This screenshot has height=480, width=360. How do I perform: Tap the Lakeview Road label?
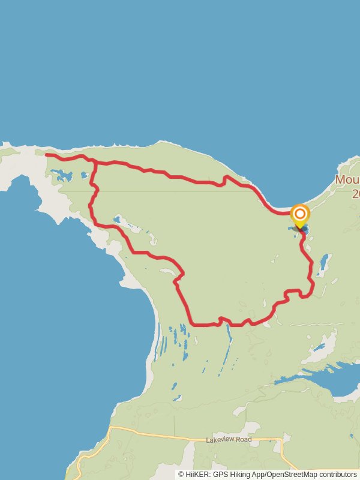pyautogui.click(x=228, y=440)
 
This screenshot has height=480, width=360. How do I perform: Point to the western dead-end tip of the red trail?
pyautogui.click(x=47, y=155)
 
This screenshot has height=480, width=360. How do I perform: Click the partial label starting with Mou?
pyautogui.click(x=347, y=180)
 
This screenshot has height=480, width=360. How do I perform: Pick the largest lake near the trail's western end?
pyautogui.click(x=62, y=175)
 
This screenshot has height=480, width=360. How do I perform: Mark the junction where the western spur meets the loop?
pyautogui.click(x=95, y=162)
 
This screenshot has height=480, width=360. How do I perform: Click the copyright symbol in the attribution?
pyautogui.click(x=181, y=475)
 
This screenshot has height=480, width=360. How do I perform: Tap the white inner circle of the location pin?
pyautogui.click(x=299, y=214)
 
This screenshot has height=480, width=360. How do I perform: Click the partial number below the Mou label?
pyautogui.click(x=355, y=193)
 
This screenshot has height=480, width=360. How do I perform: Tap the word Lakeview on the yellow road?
pyautogui.click(x=220, y=440)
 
